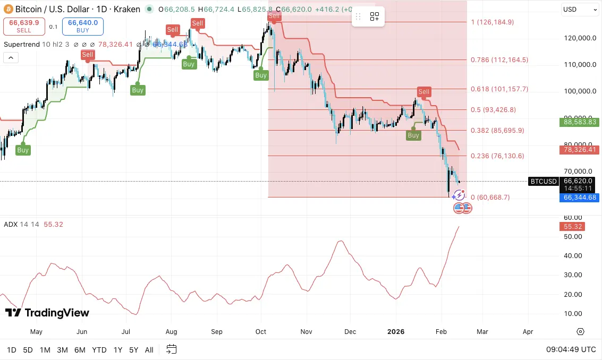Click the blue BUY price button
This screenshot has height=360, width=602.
(83, 26)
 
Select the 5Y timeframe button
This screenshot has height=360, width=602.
(134, 350)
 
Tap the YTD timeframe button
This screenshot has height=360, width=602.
(99, 350)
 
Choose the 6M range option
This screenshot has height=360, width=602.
(80, 350)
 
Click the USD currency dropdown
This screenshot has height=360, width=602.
(580, 10)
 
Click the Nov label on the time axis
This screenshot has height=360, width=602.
(307, 332)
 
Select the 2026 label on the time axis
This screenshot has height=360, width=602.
(396, 332)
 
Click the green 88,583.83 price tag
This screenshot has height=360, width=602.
(580, 122)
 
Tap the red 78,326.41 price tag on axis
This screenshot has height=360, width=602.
(580, 150)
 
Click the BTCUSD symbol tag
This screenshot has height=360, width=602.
(544, 182)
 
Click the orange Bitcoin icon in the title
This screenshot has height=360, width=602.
(8, 9)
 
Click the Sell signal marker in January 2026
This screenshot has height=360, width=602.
(423, 92)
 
